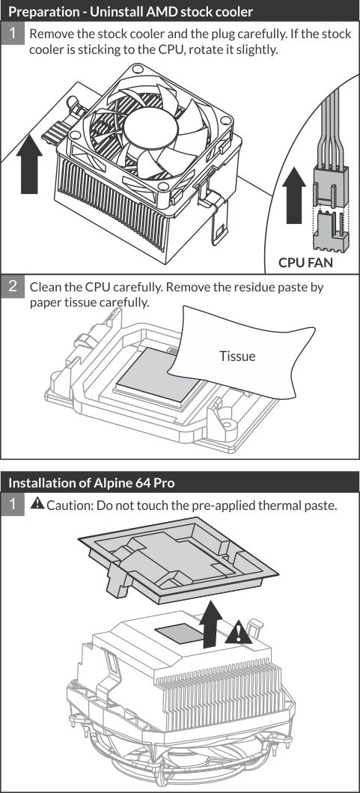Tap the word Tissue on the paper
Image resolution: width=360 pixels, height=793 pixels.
pos(237,356)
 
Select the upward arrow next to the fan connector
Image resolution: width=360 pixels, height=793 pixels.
pos(294,195)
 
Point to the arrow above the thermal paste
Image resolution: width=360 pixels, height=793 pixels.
pos(210,624)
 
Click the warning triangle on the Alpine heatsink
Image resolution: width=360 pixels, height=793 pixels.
pos(239,634)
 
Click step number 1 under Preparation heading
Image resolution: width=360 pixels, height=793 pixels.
pos(12,34)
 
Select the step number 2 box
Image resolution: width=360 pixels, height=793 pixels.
pos(12,287)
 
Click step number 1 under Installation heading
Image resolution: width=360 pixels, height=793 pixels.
pos(12,504)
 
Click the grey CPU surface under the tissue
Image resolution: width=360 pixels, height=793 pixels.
pos(152,371)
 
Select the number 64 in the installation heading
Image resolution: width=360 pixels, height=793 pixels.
pos(143,483)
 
